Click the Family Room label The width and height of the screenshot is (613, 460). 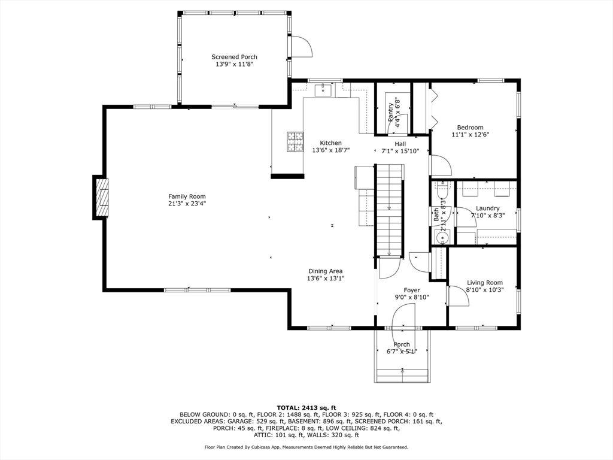click(x=187, y=196)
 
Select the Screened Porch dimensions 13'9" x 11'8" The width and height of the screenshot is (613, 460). click(x=235, y=64)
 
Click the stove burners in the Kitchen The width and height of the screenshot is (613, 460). click(x=296, y=141)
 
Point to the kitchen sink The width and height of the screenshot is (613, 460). click(x=323, y=90)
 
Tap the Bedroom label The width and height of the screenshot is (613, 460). click(x=471, y=128)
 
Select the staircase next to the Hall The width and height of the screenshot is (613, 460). click(x=390, y=210)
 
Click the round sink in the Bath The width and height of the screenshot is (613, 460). click(x=442, y=237)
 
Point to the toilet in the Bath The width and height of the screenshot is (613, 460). click(x=442, y=190)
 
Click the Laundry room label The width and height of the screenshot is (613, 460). click(x=487, y=208)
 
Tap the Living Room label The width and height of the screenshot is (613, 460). click(x=485, y=283)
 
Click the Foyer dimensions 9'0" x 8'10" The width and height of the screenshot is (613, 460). click(x=412, y=297)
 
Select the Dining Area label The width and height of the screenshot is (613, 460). click(x=326, y=271)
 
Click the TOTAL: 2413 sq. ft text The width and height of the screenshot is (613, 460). click(x=306, y=407)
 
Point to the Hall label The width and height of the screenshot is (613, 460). click(x=400, y=144)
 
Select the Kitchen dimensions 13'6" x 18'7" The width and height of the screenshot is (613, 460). click(x=330, y=150)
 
